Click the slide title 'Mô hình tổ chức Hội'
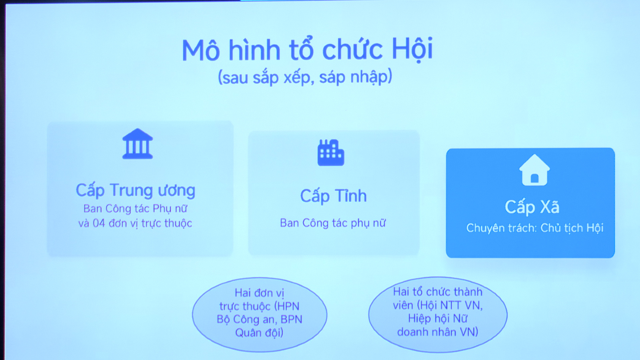(x=307, y=49)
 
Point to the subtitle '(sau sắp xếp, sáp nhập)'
(x=305, y=77)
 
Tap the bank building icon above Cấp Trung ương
(x=138, y=144)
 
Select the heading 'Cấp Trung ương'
(x=135, y=190)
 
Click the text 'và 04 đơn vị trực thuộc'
(x=135, y=223)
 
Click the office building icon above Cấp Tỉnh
(x=331, y=152)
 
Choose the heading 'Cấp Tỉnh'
(x=333, y=196)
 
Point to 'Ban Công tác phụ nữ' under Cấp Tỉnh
(x=333, y=223)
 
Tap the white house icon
(x=534, y=170)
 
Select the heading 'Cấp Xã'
(x=532, y=207)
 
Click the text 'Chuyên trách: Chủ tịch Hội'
(x=535, y=228)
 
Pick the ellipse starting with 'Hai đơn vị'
(x=260, y=314)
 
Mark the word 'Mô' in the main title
(x=201, y=50)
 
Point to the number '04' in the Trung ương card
(x=99, y=223)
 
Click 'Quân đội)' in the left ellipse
(x=259, y=333)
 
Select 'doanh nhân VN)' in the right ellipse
(x=438, y=332)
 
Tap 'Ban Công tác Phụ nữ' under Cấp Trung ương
(x=135, y=209)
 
